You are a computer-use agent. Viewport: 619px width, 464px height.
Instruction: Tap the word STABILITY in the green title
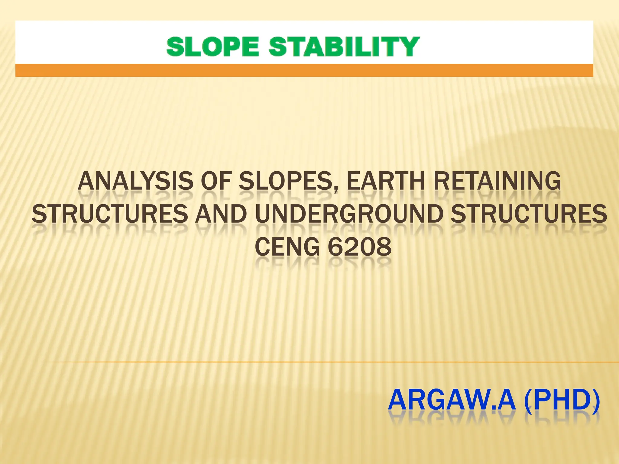[344, 47]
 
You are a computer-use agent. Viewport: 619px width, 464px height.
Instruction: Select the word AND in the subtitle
[221, 214]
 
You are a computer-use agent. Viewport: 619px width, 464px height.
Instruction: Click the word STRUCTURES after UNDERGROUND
[529, 214]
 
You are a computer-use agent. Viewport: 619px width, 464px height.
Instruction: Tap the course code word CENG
[287, 247]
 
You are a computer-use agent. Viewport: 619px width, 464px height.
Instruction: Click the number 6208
[360, 247]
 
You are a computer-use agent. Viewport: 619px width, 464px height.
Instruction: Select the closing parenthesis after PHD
[596, 400]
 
